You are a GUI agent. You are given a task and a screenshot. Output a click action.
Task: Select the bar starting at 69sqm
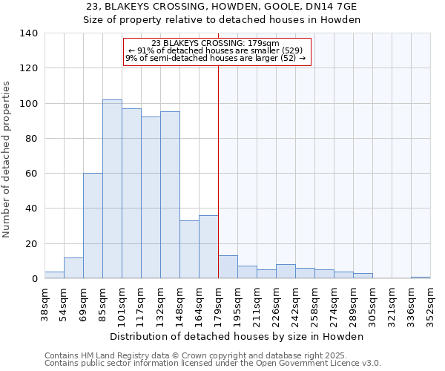click(93, 226)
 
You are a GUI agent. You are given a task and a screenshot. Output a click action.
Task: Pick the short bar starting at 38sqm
click(54, 275)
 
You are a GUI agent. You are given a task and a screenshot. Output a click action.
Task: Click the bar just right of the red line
click(228, 267)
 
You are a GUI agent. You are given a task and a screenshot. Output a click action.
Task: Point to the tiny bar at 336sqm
click(421, 278)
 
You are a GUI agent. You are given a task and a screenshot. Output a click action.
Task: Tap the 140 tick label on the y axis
click(28, 33)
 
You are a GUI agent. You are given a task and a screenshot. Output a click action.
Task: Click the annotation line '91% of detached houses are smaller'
click(215, 50)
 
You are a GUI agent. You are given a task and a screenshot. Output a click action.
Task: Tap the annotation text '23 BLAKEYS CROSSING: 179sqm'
click(215, 43)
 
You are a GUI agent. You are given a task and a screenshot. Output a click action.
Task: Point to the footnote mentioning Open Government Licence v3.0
click(213, 364)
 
